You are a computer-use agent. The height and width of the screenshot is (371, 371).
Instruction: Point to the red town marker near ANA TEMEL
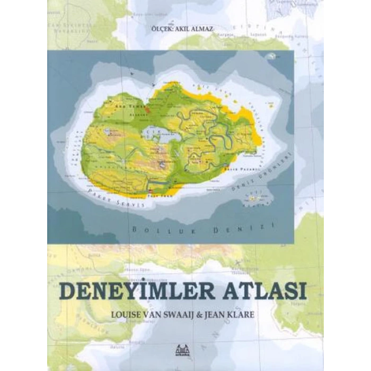(148, 111)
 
